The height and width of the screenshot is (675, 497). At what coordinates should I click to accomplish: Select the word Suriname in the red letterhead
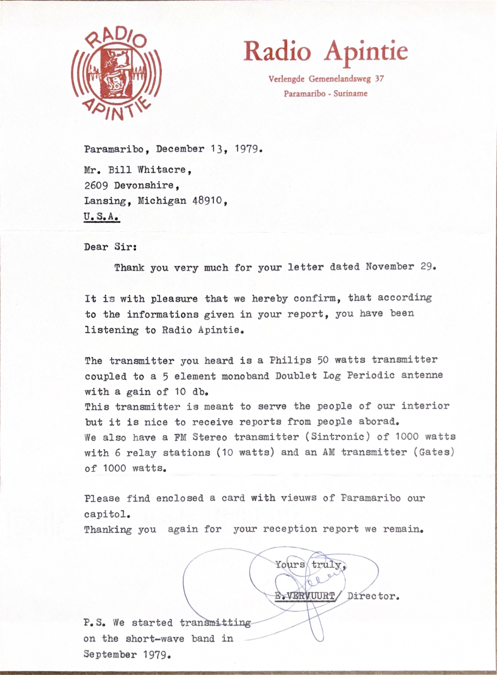350,94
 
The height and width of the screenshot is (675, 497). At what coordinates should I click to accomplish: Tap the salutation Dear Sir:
111,247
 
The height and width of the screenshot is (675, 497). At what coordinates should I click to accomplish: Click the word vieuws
298,498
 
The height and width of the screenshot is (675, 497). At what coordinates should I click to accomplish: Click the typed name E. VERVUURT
305,596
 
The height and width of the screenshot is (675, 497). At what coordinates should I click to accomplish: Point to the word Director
373,596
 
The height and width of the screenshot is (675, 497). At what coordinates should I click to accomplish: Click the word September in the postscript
110,654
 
